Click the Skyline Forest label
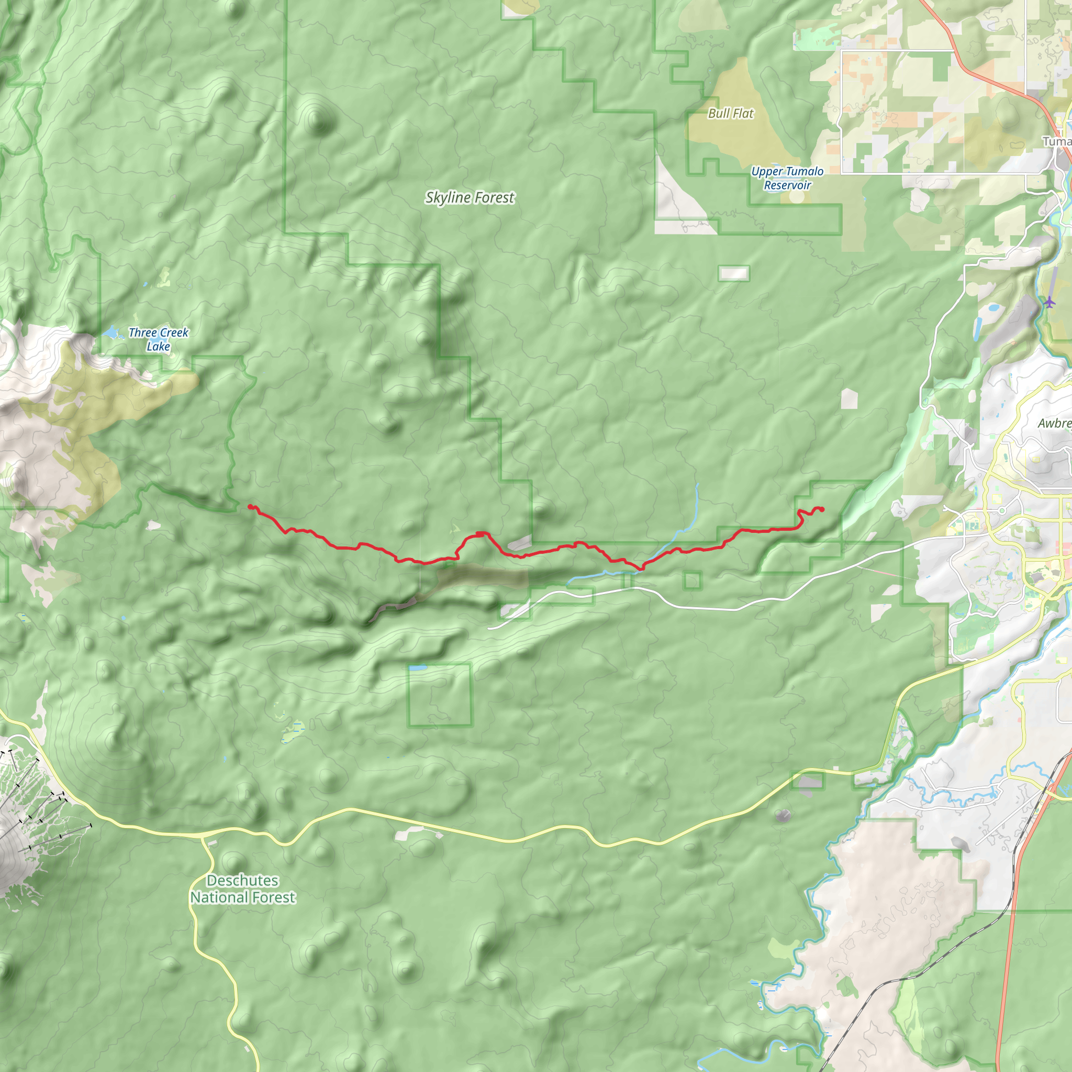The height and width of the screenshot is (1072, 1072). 470,197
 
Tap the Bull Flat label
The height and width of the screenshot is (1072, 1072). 731,113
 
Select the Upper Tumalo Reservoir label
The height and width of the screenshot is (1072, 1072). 787,178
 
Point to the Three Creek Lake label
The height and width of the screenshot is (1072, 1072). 158,339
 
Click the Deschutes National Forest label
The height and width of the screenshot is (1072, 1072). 242,888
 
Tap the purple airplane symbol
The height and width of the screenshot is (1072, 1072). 1048,303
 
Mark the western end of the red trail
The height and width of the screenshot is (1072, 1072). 249,506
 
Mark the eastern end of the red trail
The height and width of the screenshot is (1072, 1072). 822,509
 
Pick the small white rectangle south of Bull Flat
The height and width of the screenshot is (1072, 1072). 733,273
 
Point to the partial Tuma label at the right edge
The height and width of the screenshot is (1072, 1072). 1056,141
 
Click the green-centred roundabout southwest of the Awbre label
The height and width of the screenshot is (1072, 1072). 1002,510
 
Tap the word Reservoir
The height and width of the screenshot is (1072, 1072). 787,185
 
